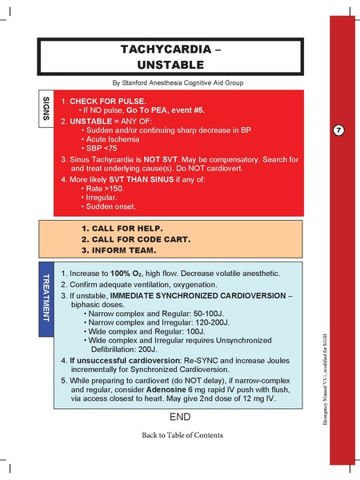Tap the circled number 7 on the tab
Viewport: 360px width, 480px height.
tap(338, 130)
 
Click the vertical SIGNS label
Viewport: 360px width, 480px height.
tap(46, 109)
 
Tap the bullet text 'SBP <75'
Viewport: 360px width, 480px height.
tap(103, 149)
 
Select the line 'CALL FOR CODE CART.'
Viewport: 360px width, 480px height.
tap(136, 239)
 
